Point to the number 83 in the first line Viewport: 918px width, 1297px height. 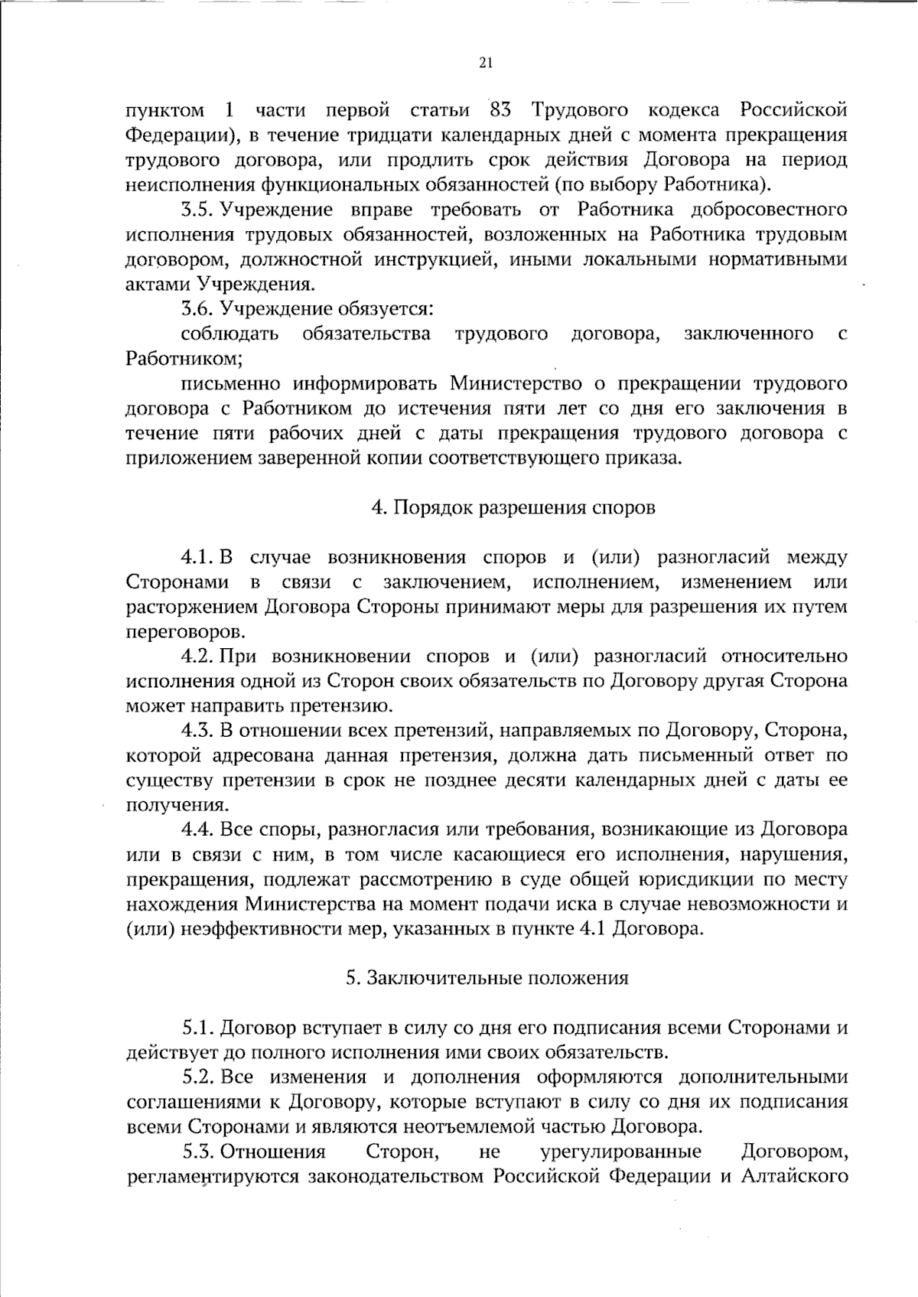[500, 110]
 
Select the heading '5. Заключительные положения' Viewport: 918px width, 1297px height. [487, 978]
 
